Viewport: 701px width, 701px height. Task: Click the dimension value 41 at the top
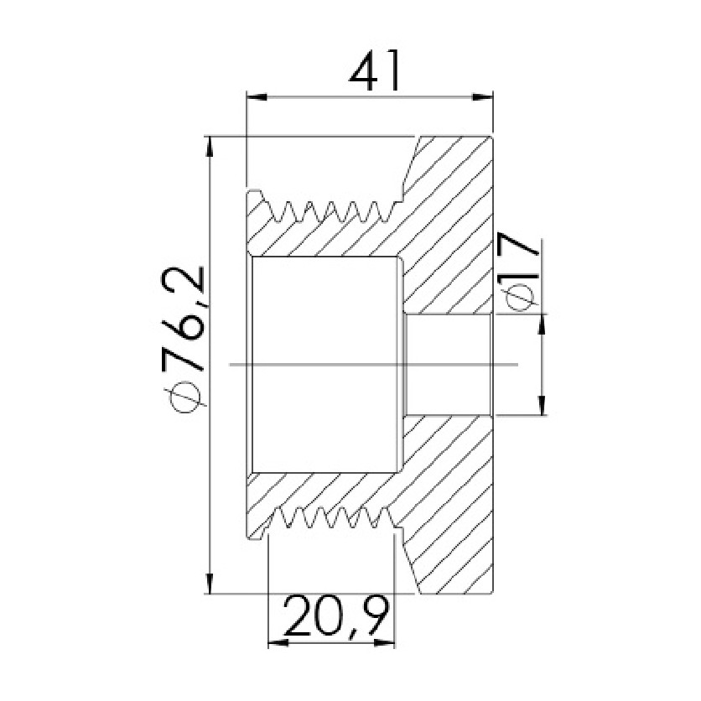(374, 70)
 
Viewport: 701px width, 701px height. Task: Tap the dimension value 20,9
(335, 615)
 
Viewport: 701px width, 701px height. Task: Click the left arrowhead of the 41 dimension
(257, 97)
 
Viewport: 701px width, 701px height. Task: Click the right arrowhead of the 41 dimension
(482, 97)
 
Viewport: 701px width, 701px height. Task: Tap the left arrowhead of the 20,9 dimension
(278, 643)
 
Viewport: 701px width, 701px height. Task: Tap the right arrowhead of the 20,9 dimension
(385, 643)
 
